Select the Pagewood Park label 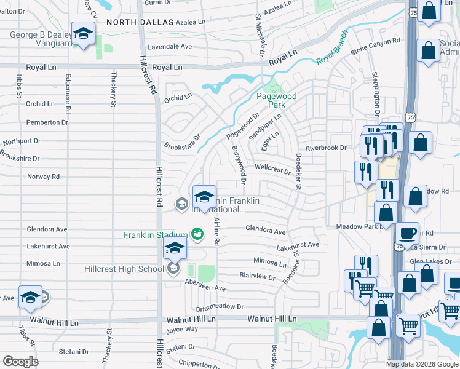point(276,100)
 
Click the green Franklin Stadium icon point(197,234)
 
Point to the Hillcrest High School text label point(124,269)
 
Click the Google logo point(20,361)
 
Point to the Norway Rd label point(43,177)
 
